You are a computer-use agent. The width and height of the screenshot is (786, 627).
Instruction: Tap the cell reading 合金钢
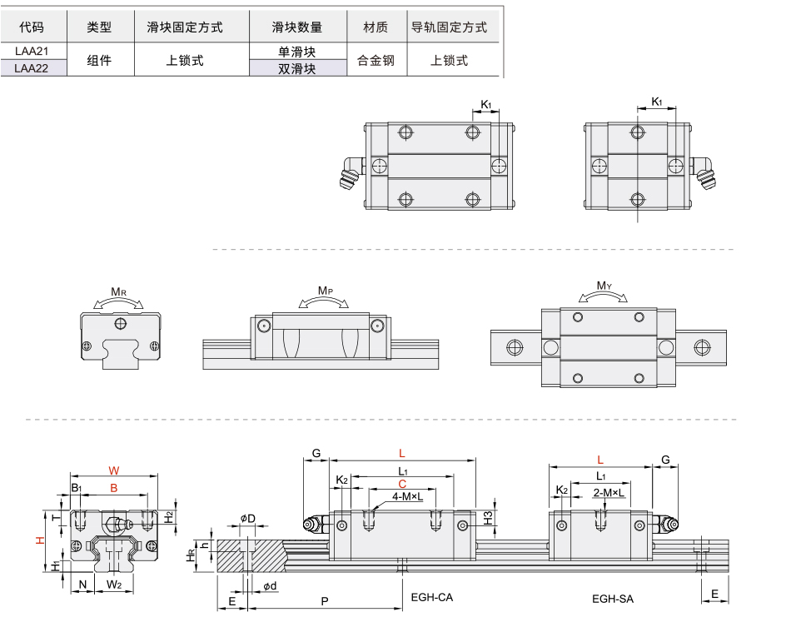point(376,61)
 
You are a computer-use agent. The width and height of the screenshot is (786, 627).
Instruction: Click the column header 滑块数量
point(296,27)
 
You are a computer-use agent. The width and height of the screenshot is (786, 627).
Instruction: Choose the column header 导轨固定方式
point(450,27)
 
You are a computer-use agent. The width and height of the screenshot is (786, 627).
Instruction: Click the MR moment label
point(119,292)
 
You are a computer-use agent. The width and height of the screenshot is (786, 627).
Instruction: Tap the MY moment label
point(604,286)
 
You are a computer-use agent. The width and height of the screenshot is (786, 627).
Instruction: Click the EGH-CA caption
point(432,597)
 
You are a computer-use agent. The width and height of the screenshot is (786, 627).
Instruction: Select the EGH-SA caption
point(613,598)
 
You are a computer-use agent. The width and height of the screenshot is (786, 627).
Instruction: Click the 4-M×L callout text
point(407,496)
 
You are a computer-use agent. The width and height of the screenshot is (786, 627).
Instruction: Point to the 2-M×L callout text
point(609,493)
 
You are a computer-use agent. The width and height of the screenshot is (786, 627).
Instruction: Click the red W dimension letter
point(114,470)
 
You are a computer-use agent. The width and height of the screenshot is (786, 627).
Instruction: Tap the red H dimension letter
point(38,540)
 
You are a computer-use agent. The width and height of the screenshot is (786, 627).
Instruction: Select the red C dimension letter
point(402,483)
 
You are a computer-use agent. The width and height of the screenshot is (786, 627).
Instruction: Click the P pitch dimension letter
point(324,600)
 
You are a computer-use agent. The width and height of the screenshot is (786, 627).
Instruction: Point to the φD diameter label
point(248,519)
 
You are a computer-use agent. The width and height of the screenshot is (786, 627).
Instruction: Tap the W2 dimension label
point(115,585)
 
